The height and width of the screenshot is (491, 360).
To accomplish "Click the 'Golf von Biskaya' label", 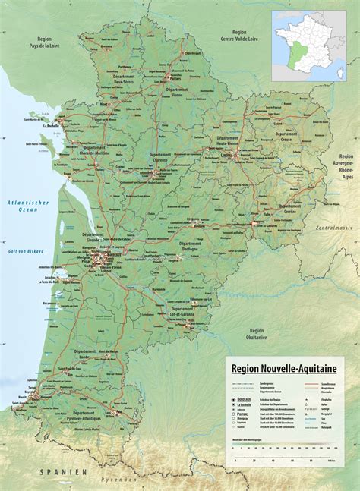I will pos(27,250).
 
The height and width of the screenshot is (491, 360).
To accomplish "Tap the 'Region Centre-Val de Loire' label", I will pos(240,36).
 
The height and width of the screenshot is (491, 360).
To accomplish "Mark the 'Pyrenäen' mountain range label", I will pos(121,480).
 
